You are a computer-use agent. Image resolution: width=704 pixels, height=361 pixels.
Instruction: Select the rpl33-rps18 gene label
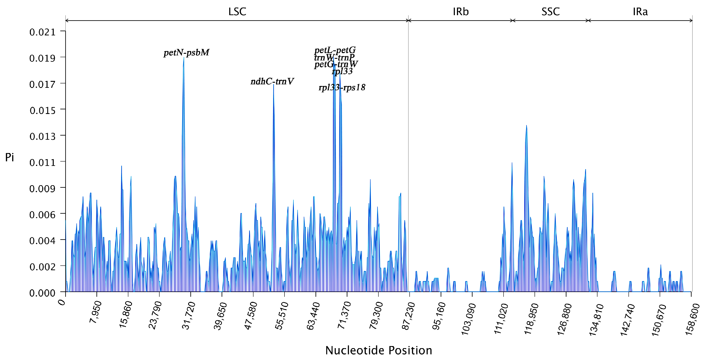tap(342, 87)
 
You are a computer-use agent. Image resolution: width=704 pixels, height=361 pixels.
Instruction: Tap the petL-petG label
tap(335, 50)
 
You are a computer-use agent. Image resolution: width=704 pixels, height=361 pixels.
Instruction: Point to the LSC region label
tap(237, 11)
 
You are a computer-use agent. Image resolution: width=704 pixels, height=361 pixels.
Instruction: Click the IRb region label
tap(461, 11)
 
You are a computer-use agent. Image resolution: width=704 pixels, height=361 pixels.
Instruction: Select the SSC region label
tap(550, 11)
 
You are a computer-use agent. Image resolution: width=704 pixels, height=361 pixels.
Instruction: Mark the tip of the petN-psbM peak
tap(184, 57)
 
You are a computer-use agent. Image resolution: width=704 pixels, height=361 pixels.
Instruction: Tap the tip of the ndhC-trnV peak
tap(273, 84)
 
